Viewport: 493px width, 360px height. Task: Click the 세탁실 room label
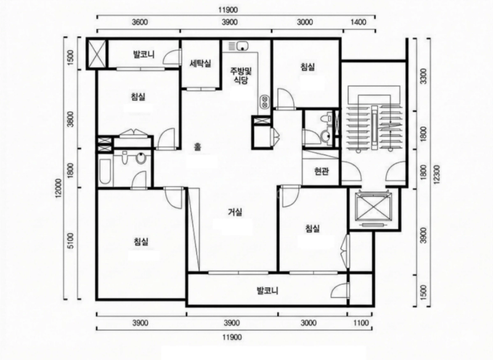[200, 63]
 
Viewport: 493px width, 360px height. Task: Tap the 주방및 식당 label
[241, 75]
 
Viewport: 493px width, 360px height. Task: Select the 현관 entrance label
[321, 171]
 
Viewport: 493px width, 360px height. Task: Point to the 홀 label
[197, 147]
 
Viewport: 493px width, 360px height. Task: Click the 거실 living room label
[235, 212]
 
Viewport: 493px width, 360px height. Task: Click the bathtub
[105, 172]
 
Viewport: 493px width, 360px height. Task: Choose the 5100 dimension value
[71, 241]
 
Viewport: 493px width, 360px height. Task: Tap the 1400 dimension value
[358, 22]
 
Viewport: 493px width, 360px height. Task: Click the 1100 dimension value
[361, 323]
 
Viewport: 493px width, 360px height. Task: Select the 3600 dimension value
[140, 22]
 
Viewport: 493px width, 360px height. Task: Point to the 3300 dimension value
[423, 76]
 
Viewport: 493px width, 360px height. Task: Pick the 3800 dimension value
[71, 119]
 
